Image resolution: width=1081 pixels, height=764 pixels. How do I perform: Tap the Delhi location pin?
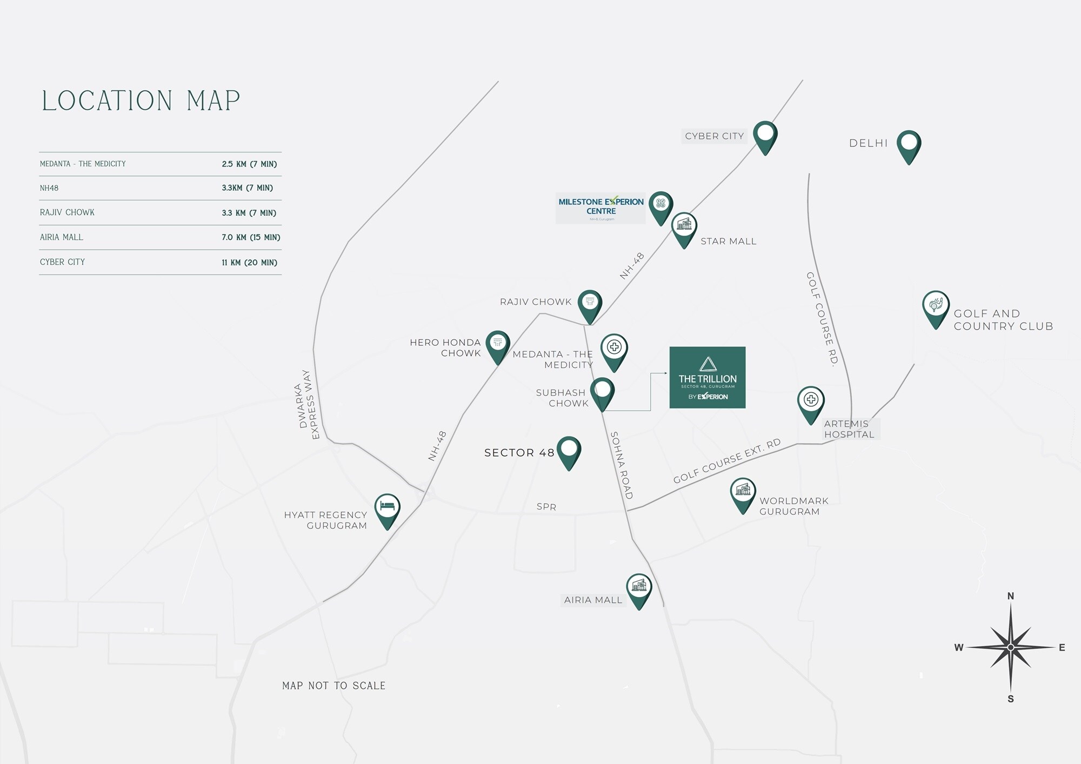pos(909,145)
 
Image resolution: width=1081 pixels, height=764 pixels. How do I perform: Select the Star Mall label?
pos(728,242)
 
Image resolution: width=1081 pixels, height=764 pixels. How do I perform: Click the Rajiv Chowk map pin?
pos(590,304)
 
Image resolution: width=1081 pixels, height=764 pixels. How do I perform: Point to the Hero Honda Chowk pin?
pos(498,345)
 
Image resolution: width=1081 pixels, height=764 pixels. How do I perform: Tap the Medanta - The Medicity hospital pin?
pos(614,350)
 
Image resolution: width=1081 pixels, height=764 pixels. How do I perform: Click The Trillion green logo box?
pos(707,377)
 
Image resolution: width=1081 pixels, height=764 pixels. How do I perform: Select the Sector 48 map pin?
pos(569,451)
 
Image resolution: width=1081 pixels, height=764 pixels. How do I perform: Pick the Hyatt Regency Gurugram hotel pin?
pos(387,509)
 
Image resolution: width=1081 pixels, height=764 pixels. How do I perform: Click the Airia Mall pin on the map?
pos(639,589)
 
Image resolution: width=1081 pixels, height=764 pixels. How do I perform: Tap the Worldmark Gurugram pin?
pos(743,493)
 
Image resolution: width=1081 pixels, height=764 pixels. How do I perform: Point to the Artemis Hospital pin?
pos(810,403)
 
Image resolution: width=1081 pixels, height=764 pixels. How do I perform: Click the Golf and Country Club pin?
pos(936,307)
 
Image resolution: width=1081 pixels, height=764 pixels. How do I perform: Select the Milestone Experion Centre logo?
pos(600,207)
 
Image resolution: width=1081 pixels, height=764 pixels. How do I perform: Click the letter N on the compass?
pos(1011,597)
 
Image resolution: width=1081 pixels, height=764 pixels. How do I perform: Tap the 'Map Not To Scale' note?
pos(333,686)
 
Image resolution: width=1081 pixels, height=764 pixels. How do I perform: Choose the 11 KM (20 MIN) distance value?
pos(249,263)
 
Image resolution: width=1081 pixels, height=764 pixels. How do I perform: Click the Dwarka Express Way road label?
pos(306,404)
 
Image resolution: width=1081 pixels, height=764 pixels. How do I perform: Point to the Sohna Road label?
pos(621,465)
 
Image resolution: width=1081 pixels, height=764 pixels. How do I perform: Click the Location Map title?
pos(141,101)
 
